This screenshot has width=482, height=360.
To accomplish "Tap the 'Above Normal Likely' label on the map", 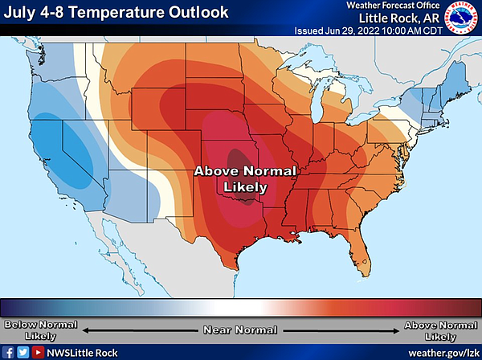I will (247, 178).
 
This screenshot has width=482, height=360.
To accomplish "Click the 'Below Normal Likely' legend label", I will (40, 329).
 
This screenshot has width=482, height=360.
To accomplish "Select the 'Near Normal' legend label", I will (240, 329).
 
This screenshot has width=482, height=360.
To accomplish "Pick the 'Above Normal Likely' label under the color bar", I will (441, 329).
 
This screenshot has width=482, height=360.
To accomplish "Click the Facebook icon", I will (8, 352).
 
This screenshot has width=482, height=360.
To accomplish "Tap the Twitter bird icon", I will (22, 352).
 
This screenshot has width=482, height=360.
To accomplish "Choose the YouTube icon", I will (37, 352).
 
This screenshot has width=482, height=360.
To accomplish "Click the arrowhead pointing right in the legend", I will (396, 329).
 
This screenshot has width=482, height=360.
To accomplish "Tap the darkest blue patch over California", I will (76, 149).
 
